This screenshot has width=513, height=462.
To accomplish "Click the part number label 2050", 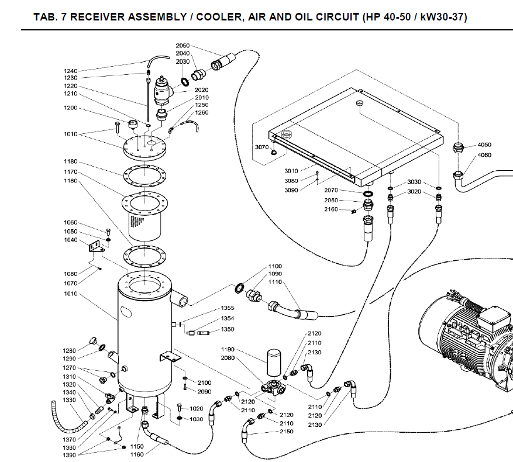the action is point(183,46).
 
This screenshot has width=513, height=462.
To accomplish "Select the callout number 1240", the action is point(70,71).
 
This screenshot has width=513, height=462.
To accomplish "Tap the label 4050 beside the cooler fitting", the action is point(484,144).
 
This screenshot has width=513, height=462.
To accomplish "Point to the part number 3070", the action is point(261,147).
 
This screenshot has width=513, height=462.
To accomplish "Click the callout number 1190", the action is point(228,350).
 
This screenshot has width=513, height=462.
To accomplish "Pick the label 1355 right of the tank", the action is point(228,308).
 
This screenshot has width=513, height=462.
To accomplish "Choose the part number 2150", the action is point(286,432).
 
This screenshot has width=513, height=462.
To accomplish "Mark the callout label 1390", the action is point(70,455).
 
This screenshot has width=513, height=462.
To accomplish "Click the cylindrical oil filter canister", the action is point(274,363).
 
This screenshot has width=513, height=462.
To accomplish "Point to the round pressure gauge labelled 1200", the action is point(133,125).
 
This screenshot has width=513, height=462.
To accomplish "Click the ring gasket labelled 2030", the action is point(185,82).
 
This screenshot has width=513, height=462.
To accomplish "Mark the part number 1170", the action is point(70,172).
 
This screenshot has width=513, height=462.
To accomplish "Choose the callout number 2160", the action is point(331,209).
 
